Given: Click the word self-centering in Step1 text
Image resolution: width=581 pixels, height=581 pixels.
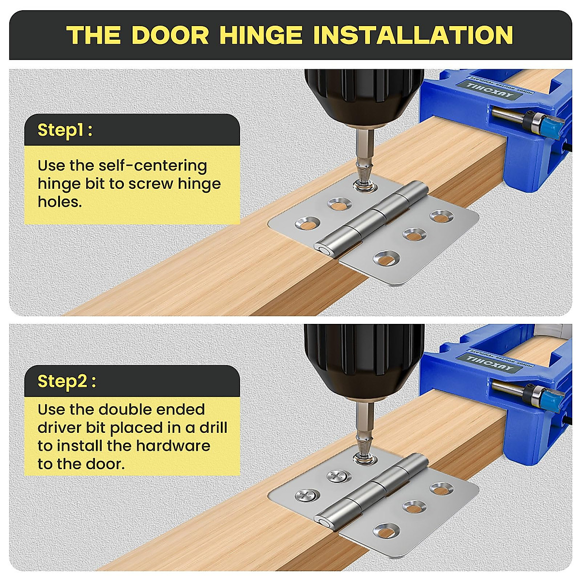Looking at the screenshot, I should point(153,166).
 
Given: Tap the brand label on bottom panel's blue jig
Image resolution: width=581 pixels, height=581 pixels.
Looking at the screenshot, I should point(494,362).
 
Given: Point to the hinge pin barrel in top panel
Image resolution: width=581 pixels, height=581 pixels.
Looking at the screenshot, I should point(368,218).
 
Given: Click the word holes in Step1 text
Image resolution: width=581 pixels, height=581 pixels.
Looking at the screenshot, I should point(60,202).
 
